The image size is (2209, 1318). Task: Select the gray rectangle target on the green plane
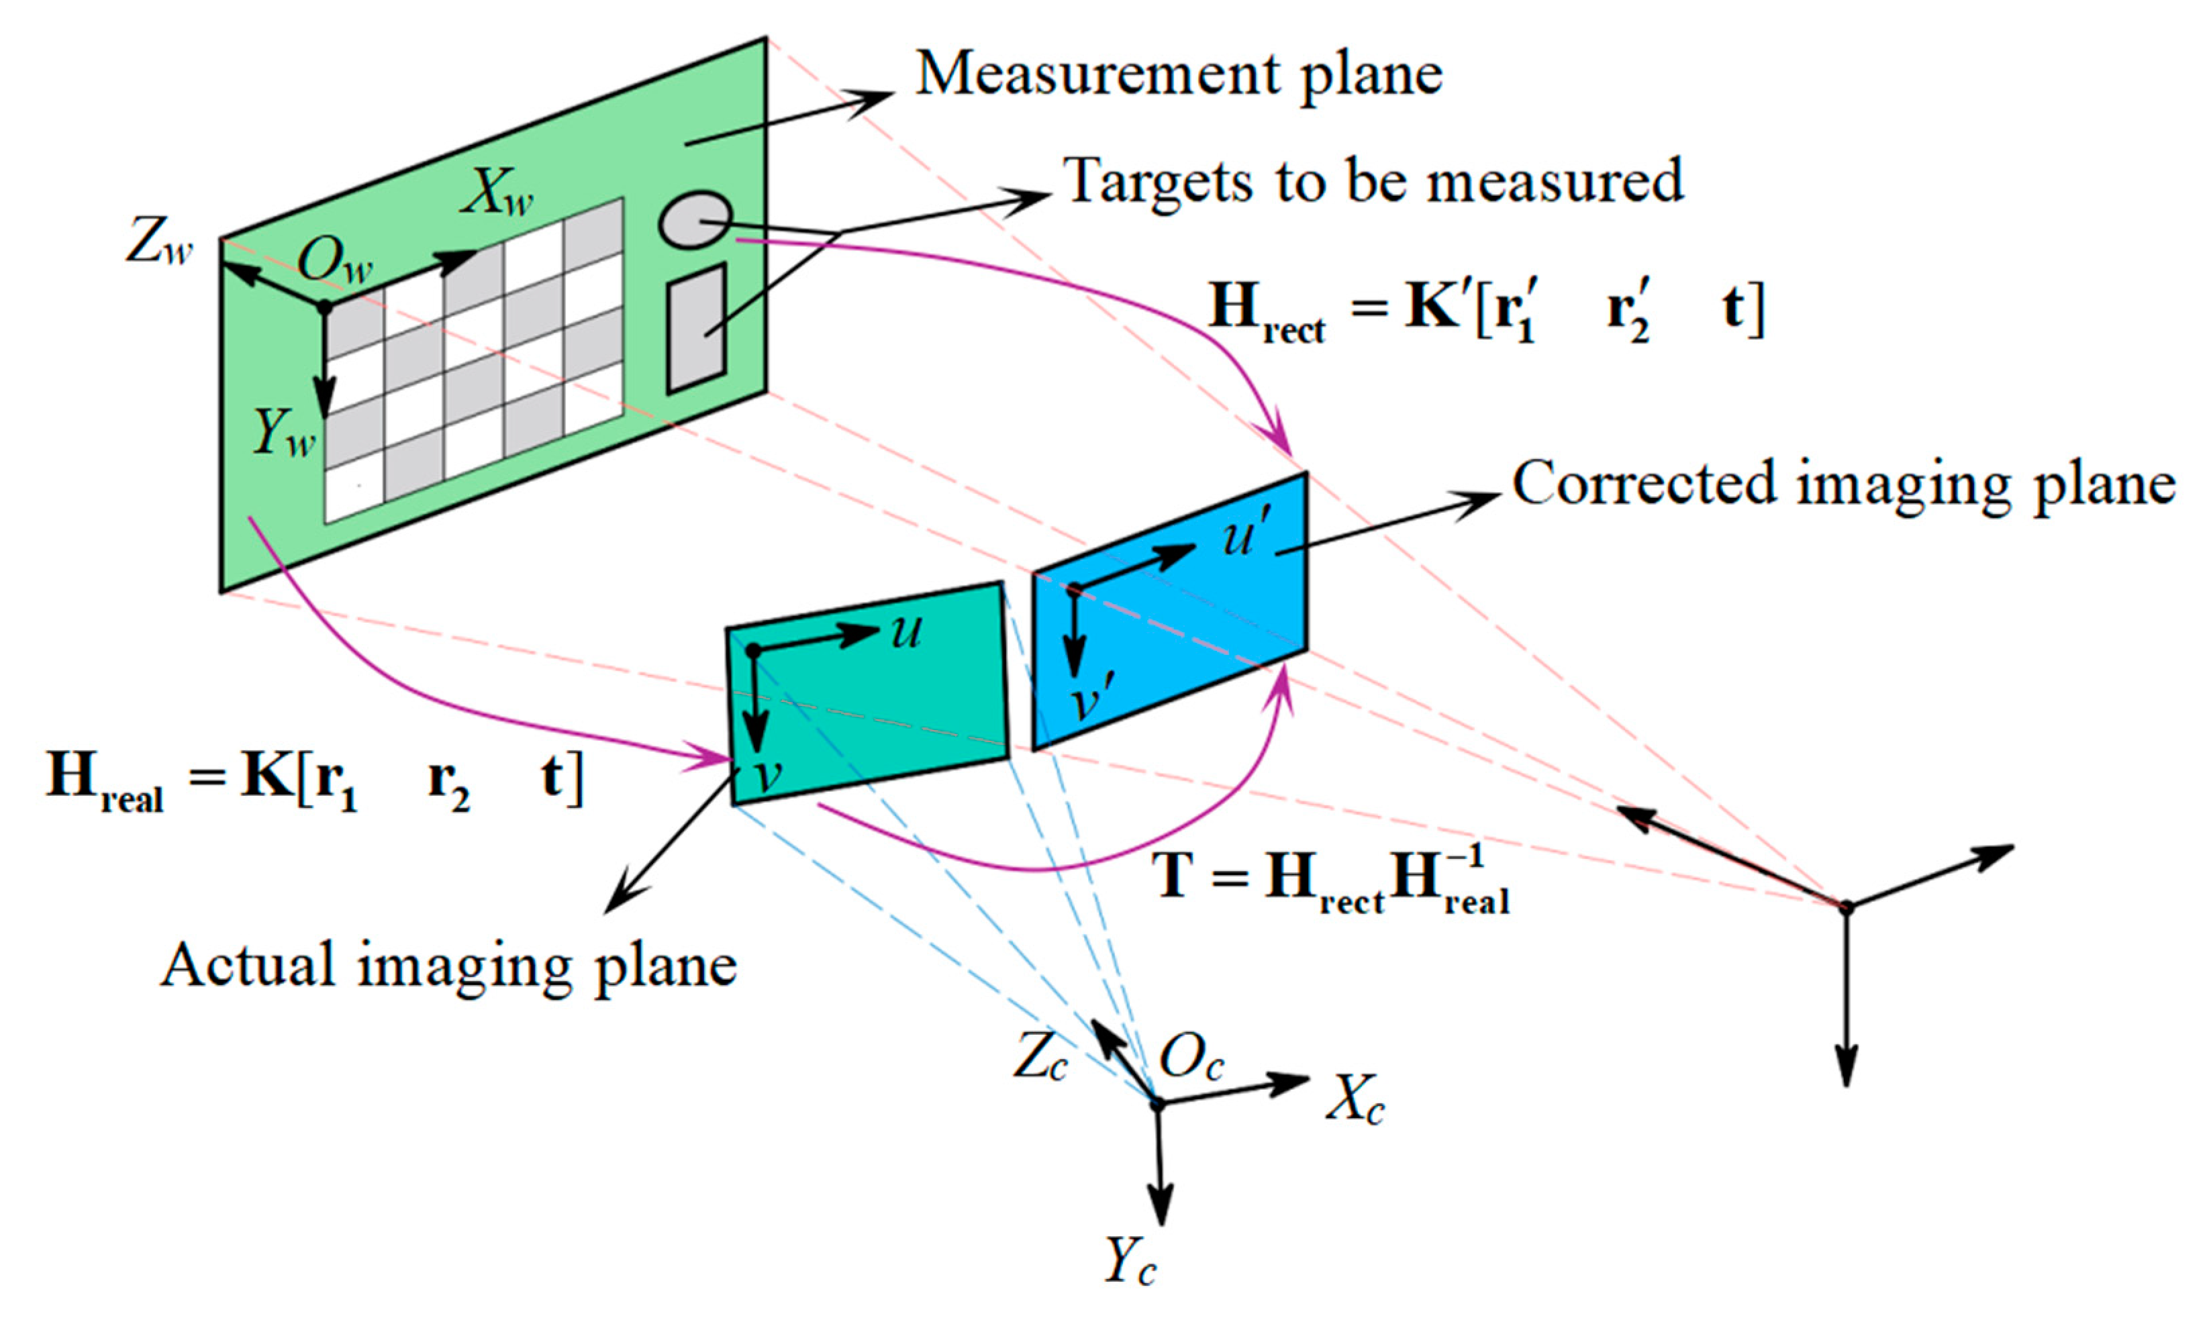point(697,327)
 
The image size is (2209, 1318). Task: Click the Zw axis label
point(159,242)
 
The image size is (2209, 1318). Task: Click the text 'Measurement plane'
point(1179,74)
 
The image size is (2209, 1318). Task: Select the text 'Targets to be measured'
point(1372,181)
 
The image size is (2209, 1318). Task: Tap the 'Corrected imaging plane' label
point(1843,485)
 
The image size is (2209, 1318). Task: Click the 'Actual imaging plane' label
point(448,966)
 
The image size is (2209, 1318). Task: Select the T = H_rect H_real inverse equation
point(1330,878)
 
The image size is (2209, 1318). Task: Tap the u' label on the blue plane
point(1250,536)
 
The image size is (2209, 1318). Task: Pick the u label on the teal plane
point(906,631)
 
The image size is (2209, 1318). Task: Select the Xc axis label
point(1355,1105)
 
